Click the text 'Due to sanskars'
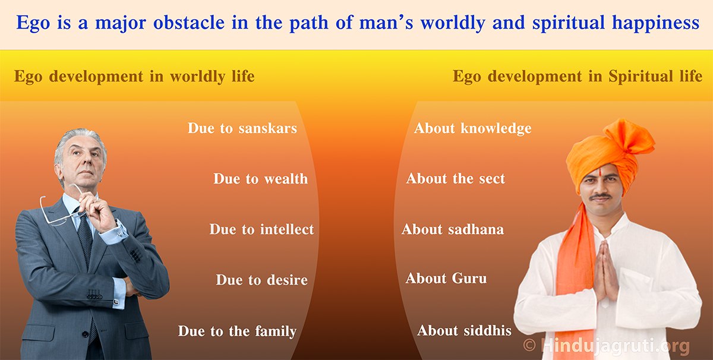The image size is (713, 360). coord(242,128)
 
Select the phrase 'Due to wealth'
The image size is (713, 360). coord(261,179)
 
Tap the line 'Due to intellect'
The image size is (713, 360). coord(261,229)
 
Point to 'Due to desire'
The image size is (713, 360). coord(261,280)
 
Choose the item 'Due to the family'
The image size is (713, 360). coord(237,331)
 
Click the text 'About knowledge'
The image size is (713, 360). coord(473,128)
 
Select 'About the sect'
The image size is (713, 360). coord(456,179)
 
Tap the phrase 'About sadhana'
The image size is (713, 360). coord(453,229)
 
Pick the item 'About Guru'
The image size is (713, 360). coord(446,279)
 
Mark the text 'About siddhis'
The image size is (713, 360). coord(465,331)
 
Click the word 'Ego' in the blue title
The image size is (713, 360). coord(33,23)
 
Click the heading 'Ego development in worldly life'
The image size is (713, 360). coord(134,77)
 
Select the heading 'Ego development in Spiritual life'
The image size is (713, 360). coord(578,77)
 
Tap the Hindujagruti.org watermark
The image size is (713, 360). coord(607,346)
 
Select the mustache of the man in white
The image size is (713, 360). coord(600,197)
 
